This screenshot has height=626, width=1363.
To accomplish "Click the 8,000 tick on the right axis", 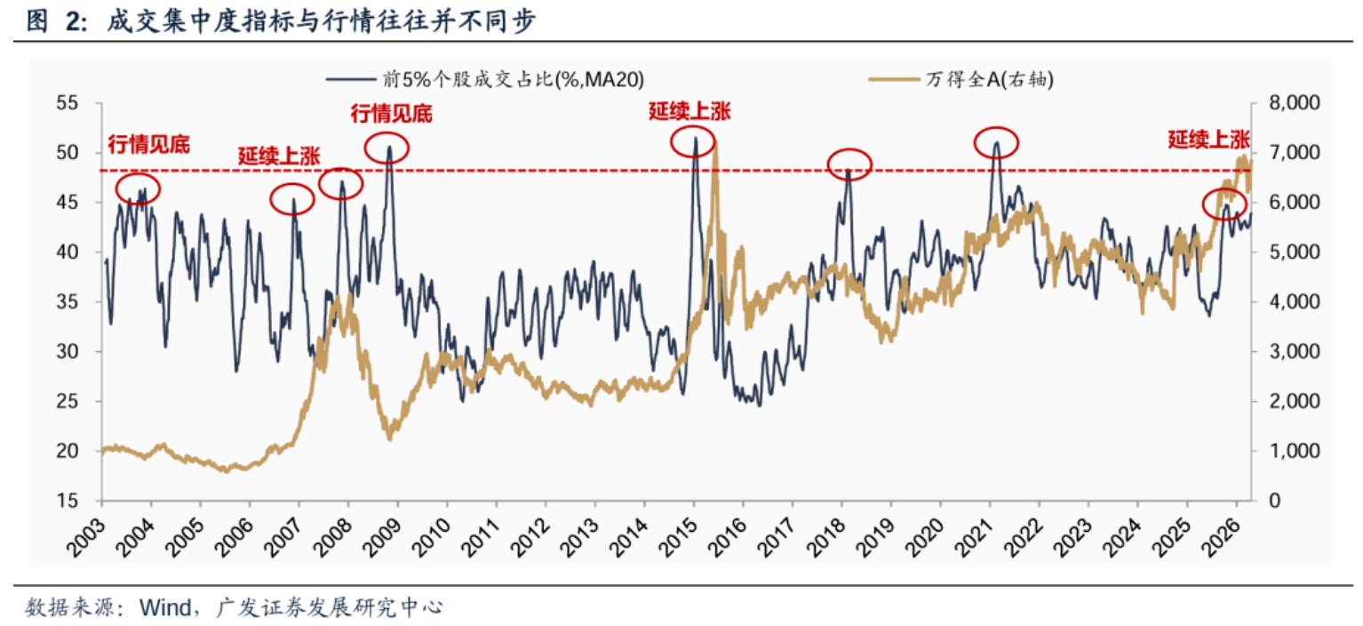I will [x=1286, y=103].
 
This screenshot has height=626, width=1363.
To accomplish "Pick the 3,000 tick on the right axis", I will [x=1286, y=352].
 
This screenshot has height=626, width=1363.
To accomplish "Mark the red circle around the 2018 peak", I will [x=849, y=164].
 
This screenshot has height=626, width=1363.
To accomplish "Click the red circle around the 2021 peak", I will [x=996, y=142].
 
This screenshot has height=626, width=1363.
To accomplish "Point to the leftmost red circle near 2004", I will [x=138, y=189].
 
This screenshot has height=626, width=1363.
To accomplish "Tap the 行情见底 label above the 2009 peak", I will [x=391, y=114].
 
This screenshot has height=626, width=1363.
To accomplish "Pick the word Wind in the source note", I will [x=163, y=608].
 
